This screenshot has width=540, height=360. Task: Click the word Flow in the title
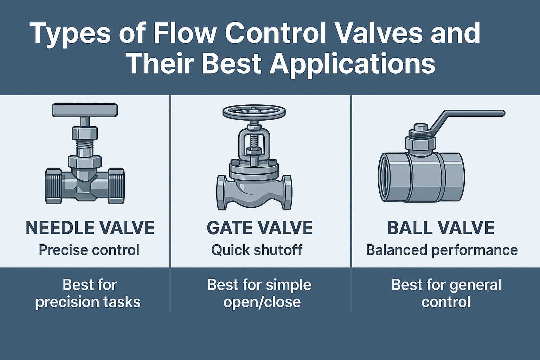click(x=184, y=33)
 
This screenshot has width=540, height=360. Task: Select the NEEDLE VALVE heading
click(x=90, y=228)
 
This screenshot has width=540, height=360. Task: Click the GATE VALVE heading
click(x=260, y=228)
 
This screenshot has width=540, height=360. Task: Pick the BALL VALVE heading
click(x=441, y=228)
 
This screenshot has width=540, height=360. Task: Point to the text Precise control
click(x=89, y=250)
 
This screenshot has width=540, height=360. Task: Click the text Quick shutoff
click(x=257, y=250)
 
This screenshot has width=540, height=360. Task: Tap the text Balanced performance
click(x=442, y=250)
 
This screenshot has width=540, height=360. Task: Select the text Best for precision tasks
click(x=88, y=293)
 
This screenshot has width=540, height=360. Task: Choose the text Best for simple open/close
click(x=260, y=293)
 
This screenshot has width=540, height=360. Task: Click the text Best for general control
click(x=446, y=293)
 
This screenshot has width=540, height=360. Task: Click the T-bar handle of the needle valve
click(x=85, y=110)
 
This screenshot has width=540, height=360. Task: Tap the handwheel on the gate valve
click(x=254, y=111)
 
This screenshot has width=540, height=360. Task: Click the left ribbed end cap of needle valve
click(x=54, y=186)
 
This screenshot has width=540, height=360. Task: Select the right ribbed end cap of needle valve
click(x=116, y=186)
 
